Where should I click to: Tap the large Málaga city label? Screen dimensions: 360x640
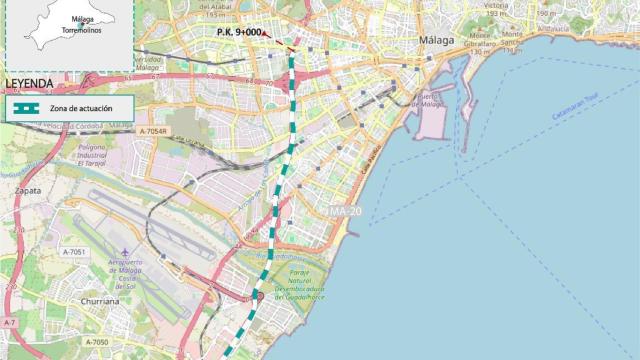tap(437, 40)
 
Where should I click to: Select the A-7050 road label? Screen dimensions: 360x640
tap(96, 342)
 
